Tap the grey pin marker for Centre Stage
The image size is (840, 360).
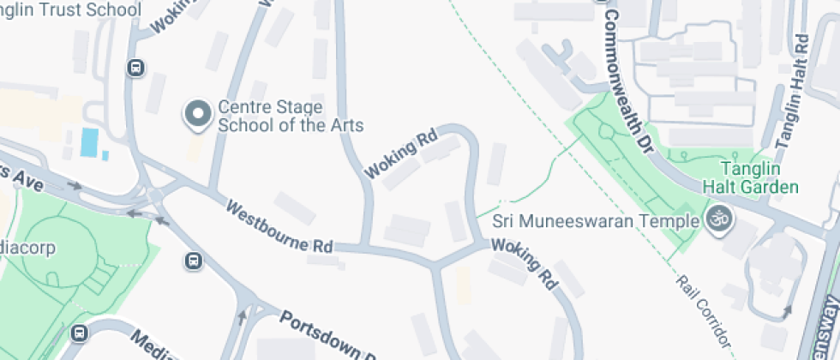pyautogui.click(x=199, y=114)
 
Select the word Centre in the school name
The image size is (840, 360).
pyautogui.click(x=243, y=107)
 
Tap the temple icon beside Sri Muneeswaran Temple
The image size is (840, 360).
pyautogui.click(x=719, y=220)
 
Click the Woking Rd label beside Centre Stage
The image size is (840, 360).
pyautogui.click(x=401, y=153)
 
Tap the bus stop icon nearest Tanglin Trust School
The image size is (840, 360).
pyautogui.click(x=135, y=68)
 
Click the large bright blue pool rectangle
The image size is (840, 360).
pyautogui.click(x=89, y=141)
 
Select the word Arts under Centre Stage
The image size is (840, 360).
pyautogui.click(x=344, y=126)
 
